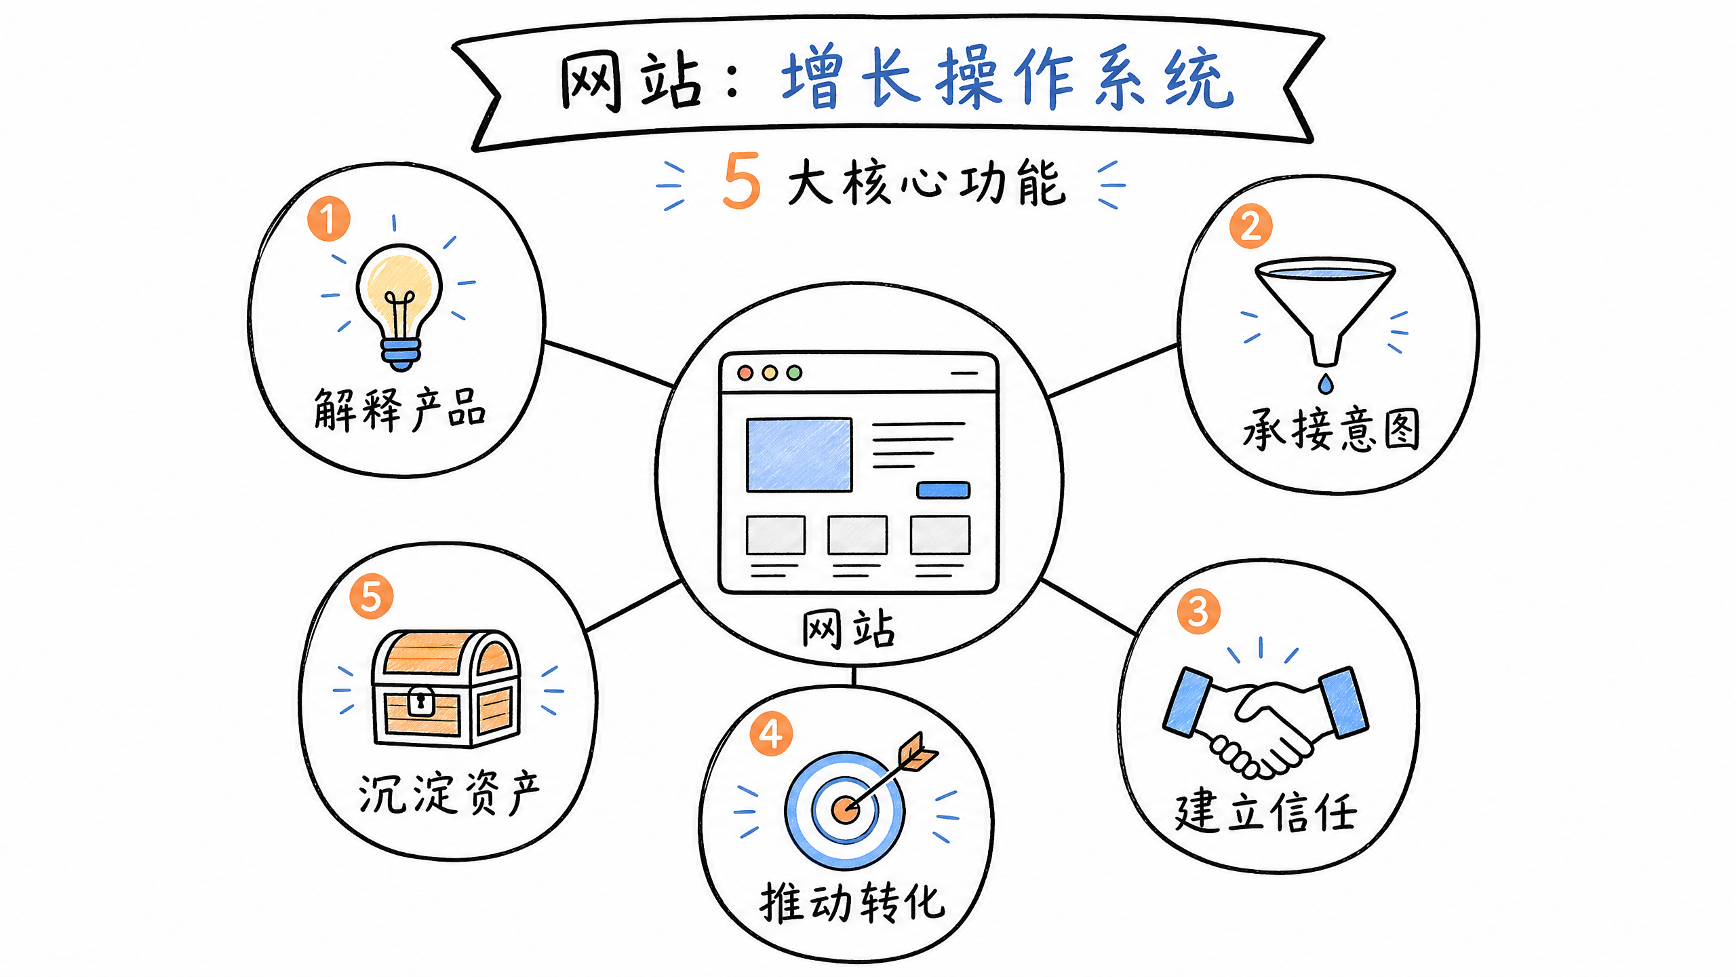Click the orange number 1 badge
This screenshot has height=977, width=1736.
329,218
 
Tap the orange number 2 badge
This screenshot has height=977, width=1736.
1250,226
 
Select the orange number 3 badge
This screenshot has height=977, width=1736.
1198,611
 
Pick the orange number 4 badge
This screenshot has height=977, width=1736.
771,733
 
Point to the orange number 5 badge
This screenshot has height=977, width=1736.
371,596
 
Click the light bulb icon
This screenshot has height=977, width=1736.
400,307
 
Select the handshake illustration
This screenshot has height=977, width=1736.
1265,722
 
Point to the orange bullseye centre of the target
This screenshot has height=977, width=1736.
844,809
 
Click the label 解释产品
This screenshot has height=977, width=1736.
400,409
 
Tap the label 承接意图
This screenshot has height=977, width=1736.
1331,429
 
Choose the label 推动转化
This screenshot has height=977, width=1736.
852,903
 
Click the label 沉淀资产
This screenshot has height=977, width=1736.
449,792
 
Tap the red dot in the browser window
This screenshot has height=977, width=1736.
745,372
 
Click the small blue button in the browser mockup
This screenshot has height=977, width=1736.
943,490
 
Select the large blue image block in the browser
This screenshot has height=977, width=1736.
800,455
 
